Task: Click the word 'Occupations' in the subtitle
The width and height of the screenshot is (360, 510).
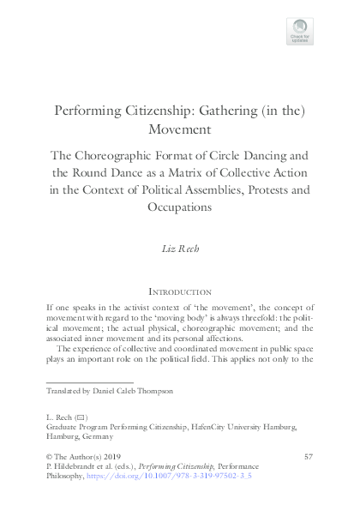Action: (180, 208)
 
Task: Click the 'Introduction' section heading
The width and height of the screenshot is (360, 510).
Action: (180, 291)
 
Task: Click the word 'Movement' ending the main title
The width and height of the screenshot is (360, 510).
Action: (180, 130)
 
